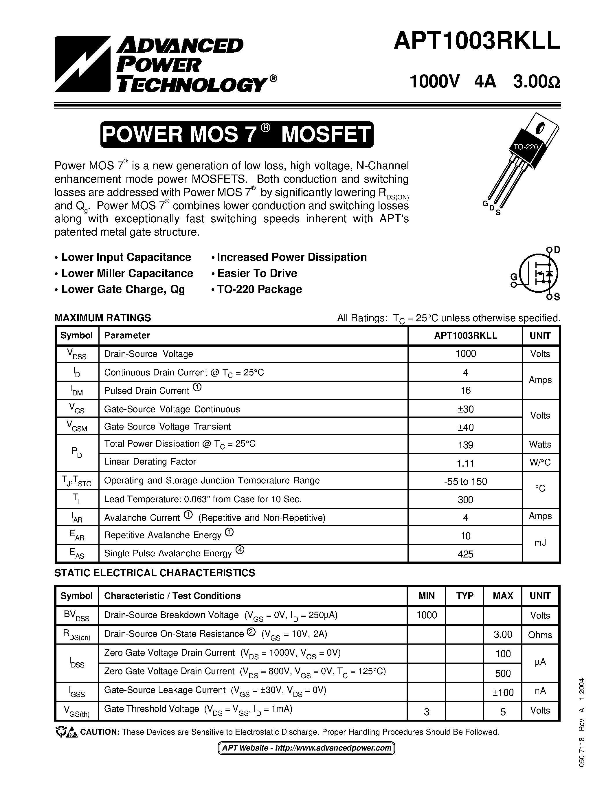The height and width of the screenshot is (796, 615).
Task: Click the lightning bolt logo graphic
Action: (82, 64)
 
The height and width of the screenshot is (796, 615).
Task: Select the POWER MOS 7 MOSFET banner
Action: (237, 135)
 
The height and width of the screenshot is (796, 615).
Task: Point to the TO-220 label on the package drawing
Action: (526, 147)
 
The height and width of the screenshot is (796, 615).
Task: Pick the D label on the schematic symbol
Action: (557, 250)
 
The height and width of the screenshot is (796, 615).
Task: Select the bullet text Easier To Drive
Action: (257, 273)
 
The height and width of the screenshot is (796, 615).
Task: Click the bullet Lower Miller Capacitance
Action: (127, 273)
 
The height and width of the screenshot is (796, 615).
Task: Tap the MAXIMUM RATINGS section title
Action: (103, 318)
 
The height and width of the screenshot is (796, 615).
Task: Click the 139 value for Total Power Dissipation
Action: (465, 445)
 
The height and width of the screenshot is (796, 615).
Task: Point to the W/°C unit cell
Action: (540, 463)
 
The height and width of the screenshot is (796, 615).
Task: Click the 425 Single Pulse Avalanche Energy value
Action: (465, 554)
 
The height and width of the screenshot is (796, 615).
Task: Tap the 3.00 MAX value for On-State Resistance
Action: (503, 634)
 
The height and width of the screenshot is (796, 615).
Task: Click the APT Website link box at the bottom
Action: (306, 748)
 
